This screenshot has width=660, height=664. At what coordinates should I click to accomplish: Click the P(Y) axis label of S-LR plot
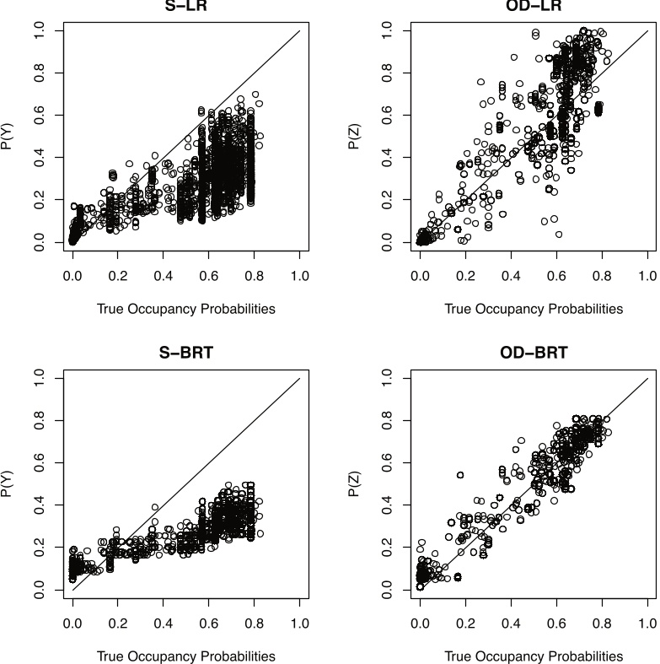click(x=9, y=136)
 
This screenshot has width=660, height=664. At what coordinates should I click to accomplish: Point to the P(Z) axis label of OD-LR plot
click(x=357, y=136)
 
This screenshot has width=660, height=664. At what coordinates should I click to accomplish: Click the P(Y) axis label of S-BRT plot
click(x=9, y=484)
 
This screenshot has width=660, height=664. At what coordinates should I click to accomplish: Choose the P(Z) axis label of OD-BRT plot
click(x=357, y=484)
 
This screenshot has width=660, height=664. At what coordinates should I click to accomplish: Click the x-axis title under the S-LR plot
click(x=185, y=309)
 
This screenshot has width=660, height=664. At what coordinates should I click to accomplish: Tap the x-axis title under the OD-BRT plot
click(x=533, y=656)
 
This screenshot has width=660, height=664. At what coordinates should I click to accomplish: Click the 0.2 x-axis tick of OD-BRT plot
click(x=465, y=624)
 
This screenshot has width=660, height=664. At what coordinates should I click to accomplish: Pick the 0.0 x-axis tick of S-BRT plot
click(x=72, y=624)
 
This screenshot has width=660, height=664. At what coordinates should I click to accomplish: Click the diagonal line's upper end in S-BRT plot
click(x=299, y=379)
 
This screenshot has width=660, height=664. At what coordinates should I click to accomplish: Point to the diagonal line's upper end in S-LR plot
click(x=299, y=31)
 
